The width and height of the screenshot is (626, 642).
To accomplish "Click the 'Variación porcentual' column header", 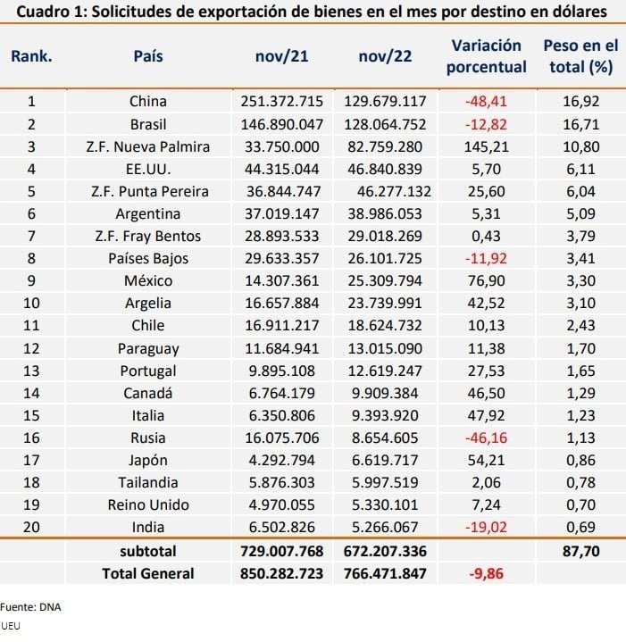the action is point(486,56).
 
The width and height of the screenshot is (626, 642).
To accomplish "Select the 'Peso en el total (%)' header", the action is point(580,56).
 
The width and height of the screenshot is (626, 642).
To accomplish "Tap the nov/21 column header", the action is point(281,56).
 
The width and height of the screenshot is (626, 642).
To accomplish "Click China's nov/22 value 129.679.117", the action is point(385,101).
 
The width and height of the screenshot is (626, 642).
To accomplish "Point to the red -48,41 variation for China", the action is point(486,101).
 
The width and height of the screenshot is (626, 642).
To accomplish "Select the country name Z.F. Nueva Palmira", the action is point(148,146).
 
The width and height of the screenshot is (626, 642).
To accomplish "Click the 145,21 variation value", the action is point(487,146).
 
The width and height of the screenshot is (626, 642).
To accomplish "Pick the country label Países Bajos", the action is point(148,258).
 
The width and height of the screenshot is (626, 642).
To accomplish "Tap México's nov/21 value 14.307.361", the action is point(281,281).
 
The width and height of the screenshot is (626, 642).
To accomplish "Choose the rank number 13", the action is point(31,371).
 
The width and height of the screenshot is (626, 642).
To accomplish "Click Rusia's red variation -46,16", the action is point(486,438).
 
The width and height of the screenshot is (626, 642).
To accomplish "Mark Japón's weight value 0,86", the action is point(581,460).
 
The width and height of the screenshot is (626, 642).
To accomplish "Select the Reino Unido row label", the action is point(148,504).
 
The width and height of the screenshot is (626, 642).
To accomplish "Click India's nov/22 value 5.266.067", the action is point(385,528).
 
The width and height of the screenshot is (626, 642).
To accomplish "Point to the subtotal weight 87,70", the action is point(581,552).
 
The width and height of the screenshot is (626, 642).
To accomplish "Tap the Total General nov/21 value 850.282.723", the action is point(281,573).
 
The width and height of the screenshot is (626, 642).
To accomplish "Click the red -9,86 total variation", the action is point(486,573).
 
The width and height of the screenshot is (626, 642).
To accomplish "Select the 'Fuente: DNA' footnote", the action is point(30,607).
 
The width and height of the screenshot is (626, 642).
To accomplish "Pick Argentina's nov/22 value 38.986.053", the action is point(385,213).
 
